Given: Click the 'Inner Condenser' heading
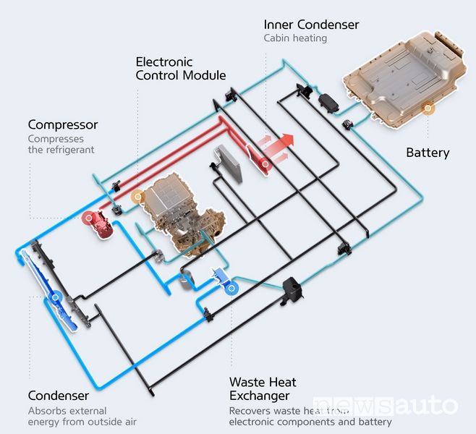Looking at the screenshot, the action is coord(311,25).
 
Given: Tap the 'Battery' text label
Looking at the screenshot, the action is coord(428,153).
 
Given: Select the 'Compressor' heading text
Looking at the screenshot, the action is coord(63,124).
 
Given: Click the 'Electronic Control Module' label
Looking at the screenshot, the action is coord(181,69).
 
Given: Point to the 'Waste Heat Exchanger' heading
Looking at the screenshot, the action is coord(263,388).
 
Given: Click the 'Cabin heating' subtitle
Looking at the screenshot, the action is coord(295,38).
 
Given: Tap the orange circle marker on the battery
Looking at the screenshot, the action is coord(428,108).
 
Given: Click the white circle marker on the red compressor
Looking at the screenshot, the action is coord(89,218).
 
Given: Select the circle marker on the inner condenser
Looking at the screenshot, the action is coord(265,164).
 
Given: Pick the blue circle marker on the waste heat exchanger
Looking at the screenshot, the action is coord(231,289).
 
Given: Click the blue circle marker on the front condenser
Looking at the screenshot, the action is coord(55,297).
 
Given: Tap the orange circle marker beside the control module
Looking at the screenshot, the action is coord(138,197).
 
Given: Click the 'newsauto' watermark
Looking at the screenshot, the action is coord(385,406).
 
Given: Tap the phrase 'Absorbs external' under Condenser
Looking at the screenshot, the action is coord(67,411).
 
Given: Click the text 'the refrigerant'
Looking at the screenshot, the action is coord(61,150).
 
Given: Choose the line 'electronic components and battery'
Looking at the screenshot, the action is coord(310,422).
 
